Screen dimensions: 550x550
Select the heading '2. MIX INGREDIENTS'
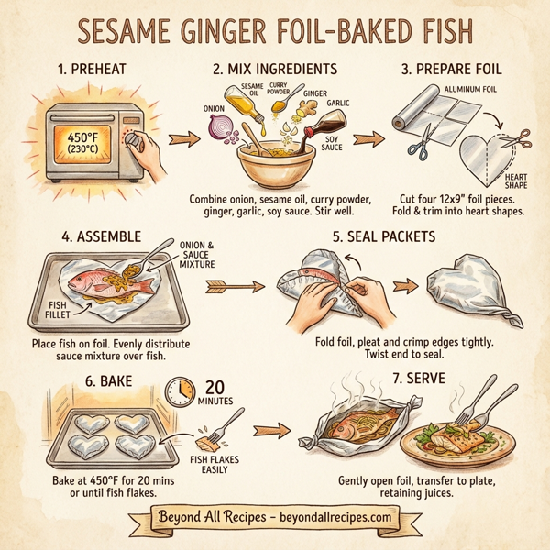pos(275,70)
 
